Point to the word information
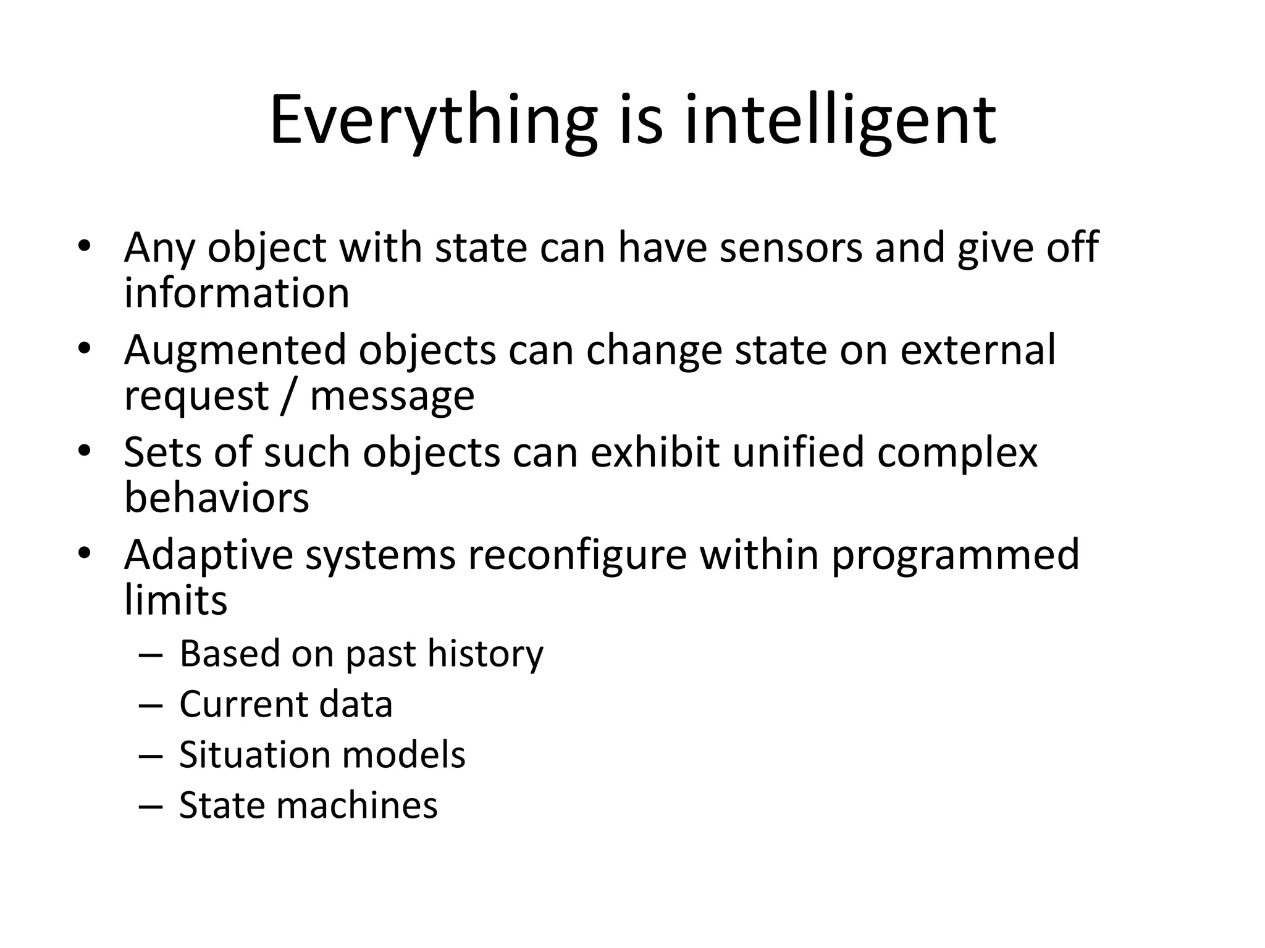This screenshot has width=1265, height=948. point(237,293)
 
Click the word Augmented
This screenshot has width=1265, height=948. point(235,350)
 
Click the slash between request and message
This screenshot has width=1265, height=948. point(288,396)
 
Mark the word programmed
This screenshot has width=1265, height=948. point(955,555)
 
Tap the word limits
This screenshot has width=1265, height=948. point(175,600)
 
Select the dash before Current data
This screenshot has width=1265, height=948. point(151,705)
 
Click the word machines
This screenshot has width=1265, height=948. point(359,805)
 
